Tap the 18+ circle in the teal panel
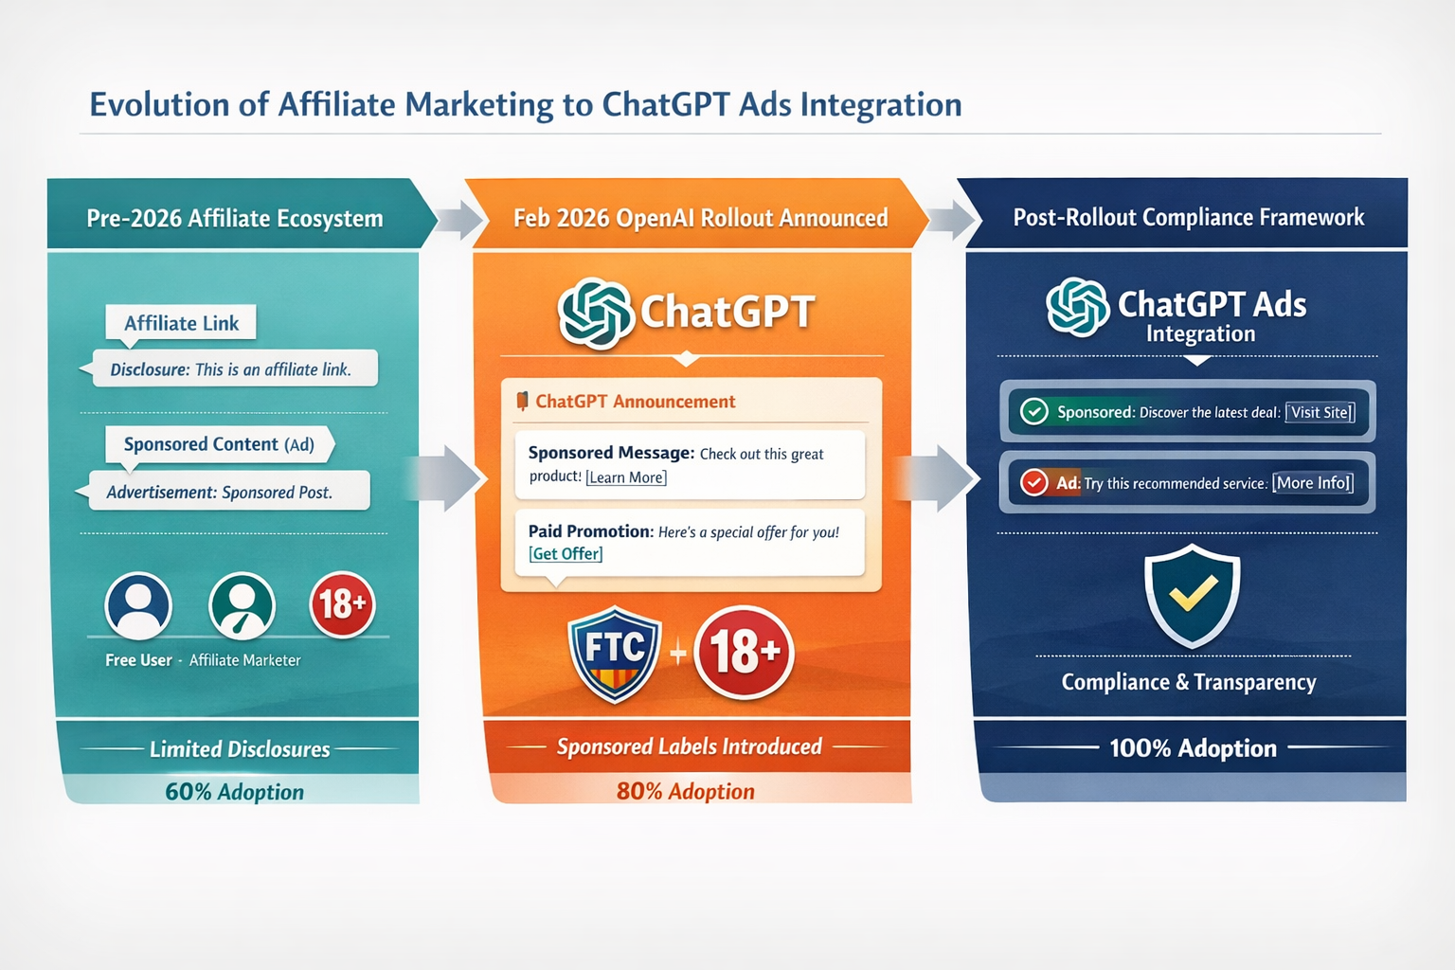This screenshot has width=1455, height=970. [342, 604]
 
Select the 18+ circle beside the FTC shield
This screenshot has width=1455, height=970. [744, 653]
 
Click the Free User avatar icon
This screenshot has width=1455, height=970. [139, 606]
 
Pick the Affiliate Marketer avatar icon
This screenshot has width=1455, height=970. [242, 606]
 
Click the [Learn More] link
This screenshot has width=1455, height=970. [626, 477]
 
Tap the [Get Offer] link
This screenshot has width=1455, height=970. [566, 554]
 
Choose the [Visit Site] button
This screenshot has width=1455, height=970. [1320, 412]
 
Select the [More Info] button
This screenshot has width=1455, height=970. [1313, 483]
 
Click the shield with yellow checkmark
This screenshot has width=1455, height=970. [1192, 596]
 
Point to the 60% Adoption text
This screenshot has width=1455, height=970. [235, 792]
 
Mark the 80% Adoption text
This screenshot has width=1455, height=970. [686, 791]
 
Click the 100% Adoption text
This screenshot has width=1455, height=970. [1193, 748]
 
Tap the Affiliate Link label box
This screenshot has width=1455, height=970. [181, 323]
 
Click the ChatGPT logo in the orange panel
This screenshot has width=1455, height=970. [595, 313]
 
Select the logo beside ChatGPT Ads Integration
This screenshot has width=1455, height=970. [1078, 307]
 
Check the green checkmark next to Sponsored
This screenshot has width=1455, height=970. [1033, 411]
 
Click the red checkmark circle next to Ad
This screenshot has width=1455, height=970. [1033, 483]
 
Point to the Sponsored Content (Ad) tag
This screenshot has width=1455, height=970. [219, 444]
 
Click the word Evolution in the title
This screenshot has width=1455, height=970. [159, 104]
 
